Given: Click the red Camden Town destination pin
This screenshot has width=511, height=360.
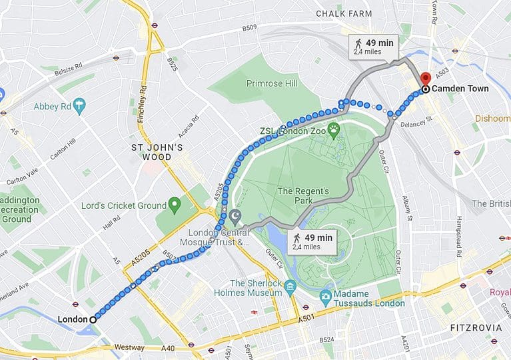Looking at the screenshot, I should tap(425, 76).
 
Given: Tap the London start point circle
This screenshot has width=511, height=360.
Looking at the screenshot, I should tap(93, 319).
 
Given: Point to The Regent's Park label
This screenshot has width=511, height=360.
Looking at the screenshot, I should tap(303, 196).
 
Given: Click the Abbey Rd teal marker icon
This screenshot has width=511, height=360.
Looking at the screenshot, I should tap(80, 105).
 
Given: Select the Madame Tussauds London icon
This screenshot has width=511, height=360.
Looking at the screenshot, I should tap(326, 295).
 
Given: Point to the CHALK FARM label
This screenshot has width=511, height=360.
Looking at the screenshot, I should tap(344, 13).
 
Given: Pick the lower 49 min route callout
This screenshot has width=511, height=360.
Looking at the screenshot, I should tap(312, 241).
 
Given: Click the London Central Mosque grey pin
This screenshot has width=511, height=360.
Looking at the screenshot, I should tap(235, 217).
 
